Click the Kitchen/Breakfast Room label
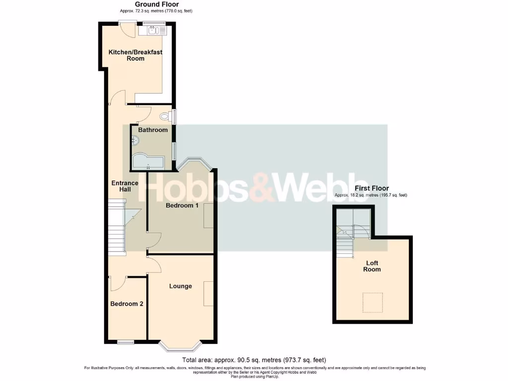[135, 55]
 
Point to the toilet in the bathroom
[166, 116]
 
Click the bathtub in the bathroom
[148, 162]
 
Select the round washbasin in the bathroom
[135, 141]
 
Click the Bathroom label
[153, 130]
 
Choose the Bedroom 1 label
[182, 205]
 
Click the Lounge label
[180, 286]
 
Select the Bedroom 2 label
[127, 304]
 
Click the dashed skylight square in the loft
[373, 303]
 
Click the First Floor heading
[372, 189]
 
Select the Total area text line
[254, 360]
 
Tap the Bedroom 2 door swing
[117, 283]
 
